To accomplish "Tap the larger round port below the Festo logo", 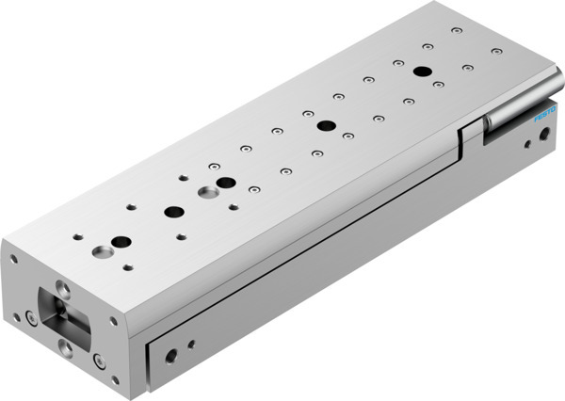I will point(543,136).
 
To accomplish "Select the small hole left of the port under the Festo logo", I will point(524,146).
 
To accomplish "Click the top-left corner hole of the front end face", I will point(14,257).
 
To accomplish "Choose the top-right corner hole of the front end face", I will point(113,321).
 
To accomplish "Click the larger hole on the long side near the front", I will point(170,357).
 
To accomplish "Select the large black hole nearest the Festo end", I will point(422,72).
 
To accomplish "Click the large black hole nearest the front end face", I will point(121,242).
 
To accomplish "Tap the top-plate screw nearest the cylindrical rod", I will point(495,51).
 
